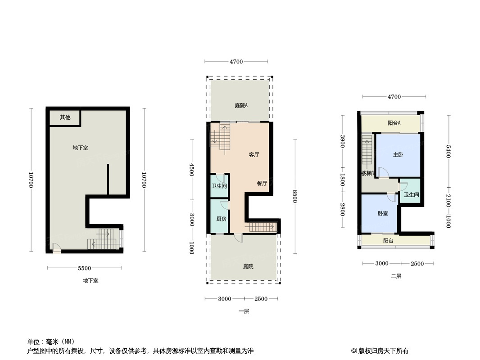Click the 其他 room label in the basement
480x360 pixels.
[65, 117]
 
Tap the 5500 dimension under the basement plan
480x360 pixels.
[85, 268]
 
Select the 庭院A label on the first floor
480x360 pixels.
[241, 106]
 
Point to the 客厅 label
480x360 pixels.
[254, 155]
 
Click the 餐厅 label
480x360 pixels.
[262, 184]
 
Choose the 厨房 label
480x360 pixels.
[221, 219]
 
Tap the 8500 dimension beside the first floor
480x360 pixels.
[295, 196]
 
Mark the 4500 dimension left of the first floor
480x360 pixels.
[192, 169]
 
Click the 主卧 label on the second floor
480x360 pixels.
[398, 155]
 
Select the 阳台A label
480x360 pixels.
[394, 123]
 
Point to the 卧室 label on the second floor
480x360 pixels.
[383, 213]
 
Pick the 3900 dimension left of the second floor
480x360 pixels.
[342, 141]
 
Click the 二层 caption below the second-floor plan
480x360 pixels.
[396, 276]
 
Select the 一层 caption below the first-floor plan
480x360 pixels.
[244, 311]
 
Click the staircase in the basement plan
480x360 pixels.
[103, 239]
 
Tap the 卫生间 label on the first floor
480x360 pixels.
[219, 186]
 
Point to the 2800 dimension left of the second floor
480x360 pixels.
[342, 209]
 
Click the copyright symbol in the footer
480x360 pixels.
[354, 351]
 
